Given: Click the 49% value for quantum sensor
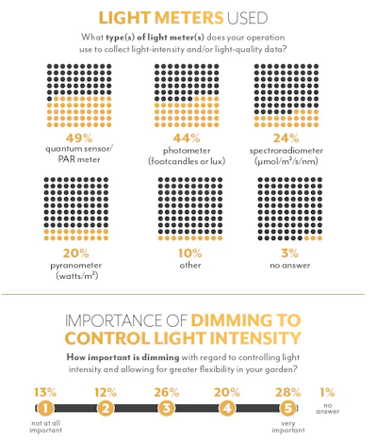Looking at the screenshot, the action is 79,138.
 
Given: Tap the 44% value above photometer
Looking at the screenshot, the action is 187,138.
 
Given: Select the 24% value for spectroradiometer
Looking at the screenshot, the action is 286,138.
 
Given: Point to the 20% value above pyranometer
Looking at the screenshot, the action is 75,253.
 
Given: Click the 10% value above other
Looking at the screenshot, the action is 190,253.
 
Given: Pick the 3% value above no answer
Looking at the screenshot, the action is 289,253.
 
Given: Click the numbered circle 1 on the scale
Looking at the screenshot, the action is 45,408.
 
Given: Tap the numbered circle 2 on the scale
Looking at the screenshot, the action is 106,408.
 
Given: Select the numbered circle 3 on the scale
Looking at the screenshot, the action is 166,408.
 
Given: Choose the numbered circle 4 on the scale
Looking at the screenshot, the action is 227,408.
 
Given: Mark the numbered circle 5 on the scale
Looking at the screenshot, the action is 288,408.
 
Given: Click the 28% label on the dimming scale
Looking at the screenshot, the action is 288,392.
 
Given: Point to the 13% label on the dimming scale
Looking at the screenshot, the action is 45,392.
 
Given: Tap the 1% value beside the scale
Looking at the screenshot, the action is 327,392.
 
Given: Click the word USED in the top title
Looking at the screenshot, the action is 247,18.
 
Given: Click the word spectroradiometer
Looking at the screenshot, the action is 287,151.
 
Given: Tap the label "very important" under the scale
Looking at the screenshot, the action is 288,427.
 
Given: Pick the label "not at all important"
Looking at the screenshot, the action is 45,427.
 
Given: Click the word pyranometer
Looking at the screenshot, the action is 76,266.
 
